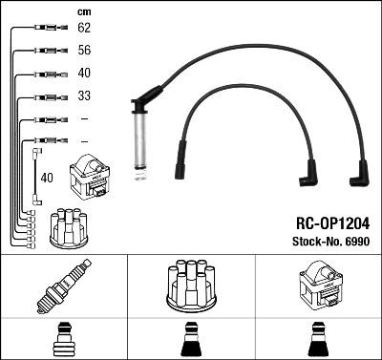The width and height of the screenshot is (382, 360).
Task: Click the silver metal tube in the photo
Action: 140,140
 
